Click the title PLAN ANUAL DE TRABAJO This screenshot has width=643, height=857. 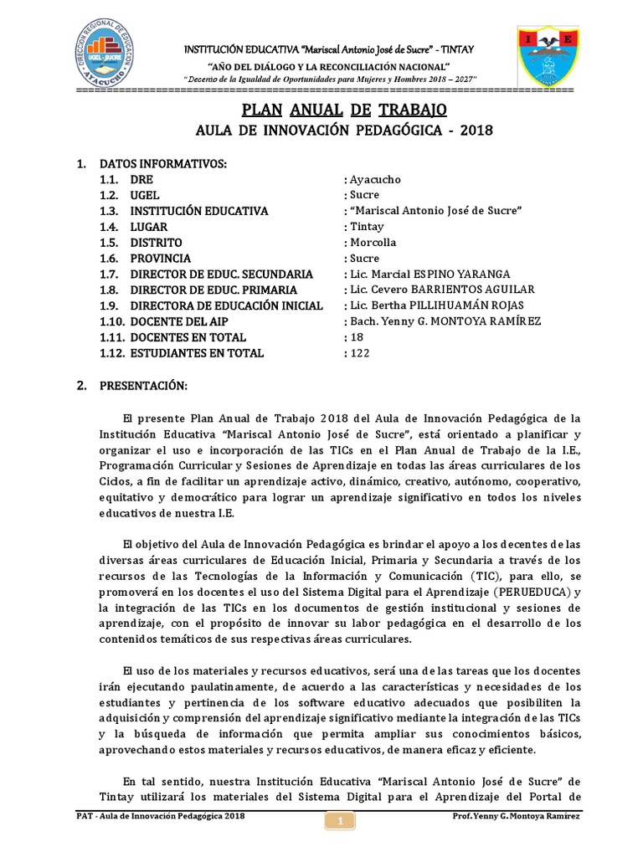344,110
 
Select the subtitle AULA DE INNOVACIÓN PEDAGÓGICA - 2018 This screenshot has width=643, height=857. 344,131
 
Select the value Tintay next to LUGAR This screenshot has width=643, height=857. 366,227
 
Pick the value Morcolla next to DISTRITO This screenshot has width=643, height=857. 373,243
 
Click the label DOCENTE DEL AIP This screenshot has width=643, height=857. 181,321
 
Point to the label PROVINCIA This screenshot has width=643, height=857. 161,259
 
